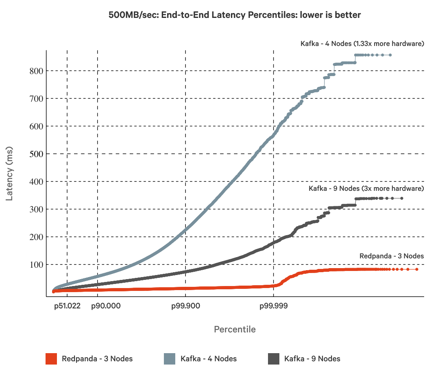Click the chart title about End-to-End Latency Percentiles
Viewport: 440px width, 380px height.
pyautogui.click(x=235, y=15)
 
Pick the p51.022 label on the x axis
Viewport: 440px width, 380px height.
pyautogui.click(x=68, y=306)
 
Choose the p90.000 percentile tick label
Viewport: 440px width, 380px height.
pyautogui.click(x=98, y=306)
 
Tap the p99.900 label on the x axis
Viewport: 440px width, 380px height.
pyautogui.click(x=185, y=306)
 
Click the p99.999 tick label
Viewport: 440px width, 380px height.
pyautogui.click(x=273, y=306)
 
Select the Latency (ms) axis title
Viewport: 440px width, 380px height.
pyautogui.click(x=10, y=173)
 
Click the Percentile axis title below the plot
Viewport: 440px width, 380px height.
pyautogui.click(x=235, y=329)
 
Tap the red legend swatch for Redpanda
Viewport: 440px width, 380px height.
pyautogui.click(x=51, y=359)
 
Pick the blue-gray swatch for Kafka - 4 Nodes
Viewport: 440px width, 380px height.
pyautogui.click(x=170, y=359)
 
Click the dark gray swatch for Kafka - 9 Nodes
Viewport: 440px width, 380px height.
pyautogui.click(x=274, y=359)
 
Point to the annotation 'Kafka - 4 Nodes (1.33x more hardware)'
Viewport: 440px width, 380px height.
pyautogui.click(x=362, y=44)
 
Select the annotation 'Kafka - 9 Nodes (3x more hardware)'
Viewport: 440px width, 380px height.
pyautogui.click(x=366, y=188)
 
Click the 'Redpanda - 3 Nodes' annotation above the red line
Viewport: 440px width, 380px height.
pyautogui.click(x=392, y=256)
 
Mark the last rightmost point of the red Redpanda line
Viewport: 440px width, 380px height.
pyautogui.click(x=417, y=269)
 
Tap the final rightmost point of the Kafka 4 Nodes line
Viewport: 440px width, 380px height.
pyautogui.click(x=390, y=55)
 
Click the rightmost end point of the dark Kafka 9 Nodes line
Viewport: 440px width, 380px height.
pyautogui.click(x=402, y=198)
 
